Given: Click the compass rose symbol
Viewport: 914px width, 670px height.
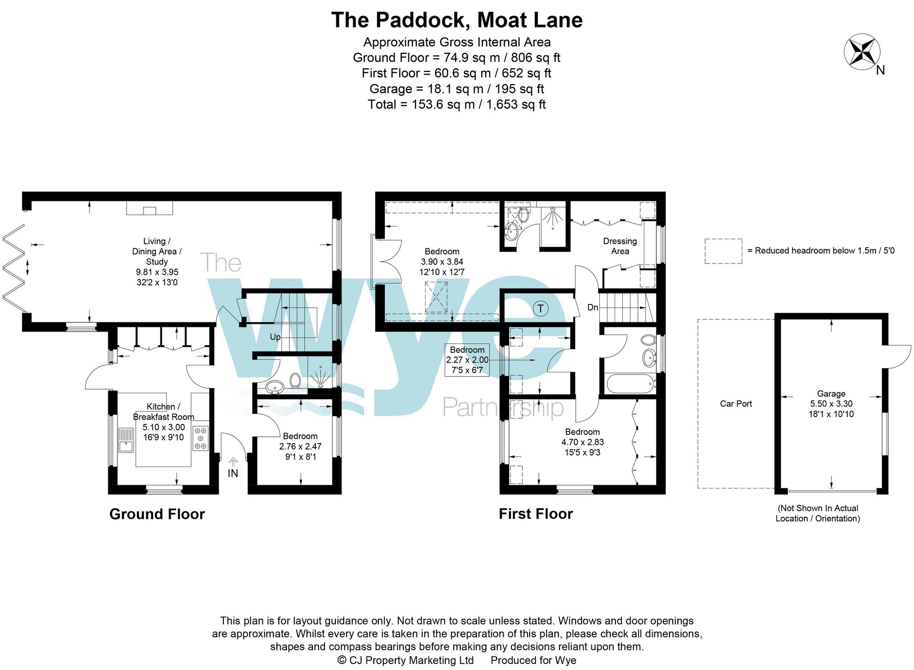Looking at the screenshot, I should point(862,52).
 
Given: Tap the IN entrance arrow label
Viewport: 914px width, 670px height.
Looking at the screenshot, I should point(233,473).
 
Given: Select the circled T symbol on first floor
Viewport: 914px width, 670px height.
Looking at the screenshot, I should point(540,309).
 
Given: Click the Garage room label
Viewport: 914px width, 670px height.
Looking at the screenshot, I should point(831,394).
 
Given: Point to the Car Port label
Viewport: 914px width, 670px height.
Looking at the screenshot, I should point(736,404).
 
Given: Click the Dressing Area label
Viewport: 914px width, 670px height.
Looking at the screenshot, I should point(620,246).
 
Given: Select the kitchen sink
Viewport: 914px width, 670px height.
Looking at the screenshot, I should point(126,440).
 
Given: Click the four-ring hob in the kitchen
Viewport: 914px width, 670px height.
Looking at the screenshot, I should point(200,438).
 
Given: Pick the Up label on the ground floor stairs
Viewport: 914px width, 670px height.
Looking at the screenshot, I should point(275,337).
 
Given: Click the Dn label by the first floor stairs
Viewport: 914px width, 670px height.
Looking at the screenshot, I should point(592,307).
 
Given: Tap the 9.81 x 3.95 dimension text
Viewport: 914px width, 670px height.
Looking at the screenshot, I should point(157,272).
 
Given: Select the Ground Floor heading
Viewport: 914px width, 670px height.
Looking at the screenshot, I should point(157,514).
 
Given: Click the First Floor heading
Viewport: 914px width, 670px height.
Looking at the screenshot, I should point(536,514).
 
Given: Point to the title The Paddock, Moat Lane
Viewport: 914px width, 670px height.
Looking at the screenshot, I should point(457,20).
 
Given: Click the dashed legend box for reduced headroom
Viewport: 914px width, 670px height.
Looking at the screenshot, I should point(723,251).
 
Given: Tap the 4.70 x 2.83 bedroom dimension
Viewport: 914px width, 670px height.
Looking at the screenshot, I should point(582,442).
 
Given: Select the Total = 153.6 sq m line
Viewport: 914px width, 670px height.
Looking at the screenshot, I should point(457,105).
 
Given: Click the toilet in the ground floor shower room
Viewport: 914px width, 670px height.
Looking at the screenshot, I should point(295,381).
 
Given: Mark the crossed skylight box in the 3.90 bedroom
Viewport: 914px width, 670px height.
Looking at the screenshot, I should point(436,297).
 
